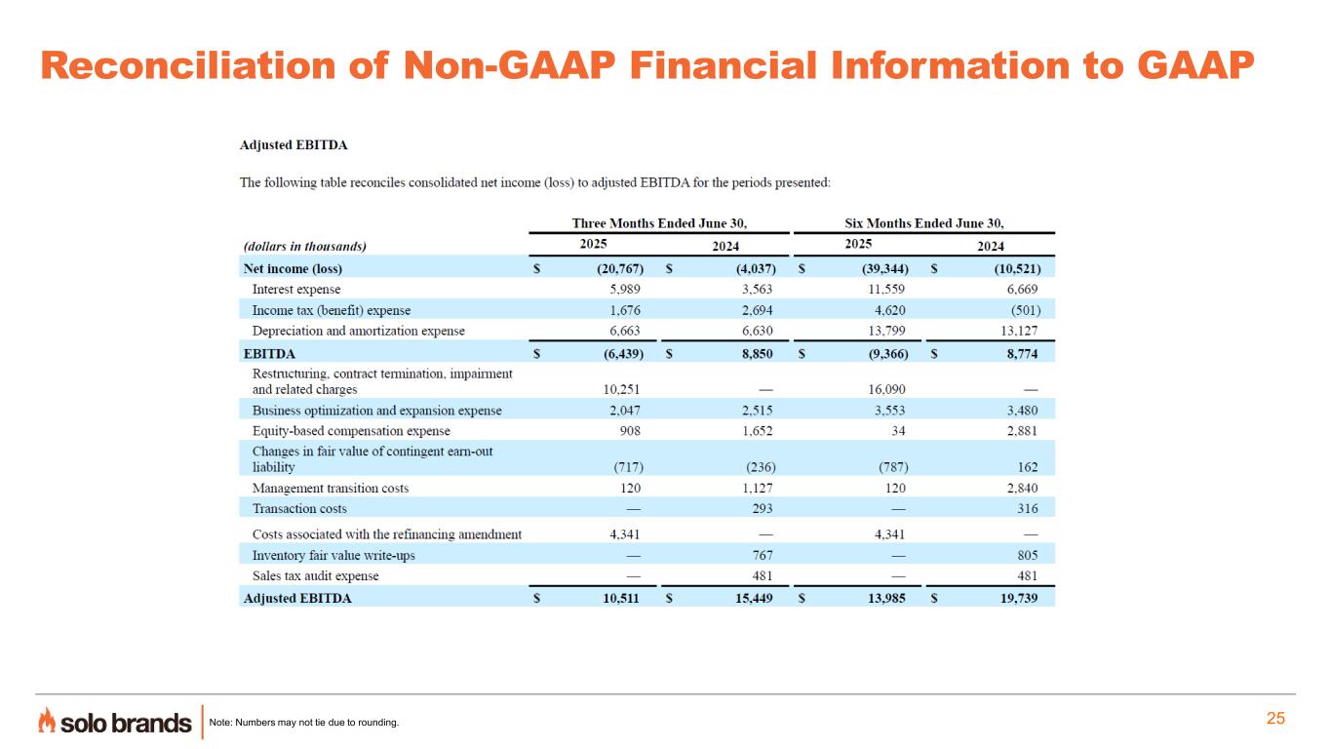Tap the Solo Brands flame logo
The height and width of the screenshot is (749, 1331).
tap(47, 721)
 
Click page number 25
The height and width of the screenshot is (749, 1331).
tap(1275, 719)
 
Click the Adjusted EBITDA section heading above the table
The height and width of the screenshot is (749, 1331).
tap(294, 145)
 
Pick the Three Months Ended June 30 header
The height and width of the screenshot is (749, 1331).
tap(658, 223)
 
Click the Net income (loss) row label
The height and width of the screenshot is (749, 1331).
tap(293, 268)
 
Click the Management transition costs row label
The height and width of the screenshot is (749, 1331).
tap(331, 488)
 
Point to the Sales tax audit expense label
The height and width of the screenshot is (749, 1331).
tap(316, 575)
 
